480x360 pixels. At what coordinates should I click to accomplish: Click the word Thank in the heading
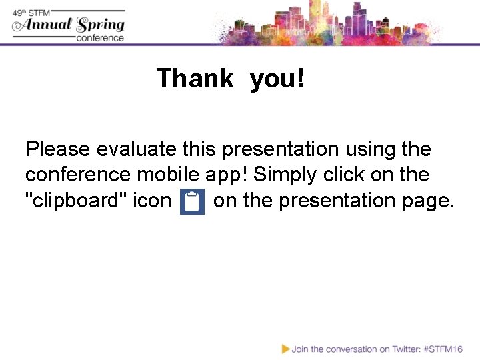tap(195, 79)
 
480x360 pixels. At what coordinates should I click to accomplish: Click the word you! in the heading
tap(277, 79)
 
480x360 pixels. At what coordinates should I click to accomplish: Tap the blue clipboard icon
tap(193, 201)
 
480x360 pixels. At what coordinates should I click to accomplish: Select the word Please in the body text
tap(58, 149)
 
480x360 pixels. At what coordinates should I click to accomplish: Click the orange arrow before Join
tap(285, 349)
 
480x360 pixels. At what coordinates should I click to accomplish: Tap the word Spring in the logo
tap(100, 26)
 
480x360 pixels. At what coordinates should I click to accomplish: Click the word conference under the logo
tap(100, 38)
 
